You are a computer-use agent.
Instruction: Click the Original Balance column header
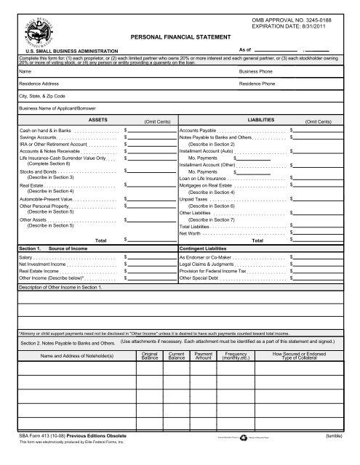(150, 356)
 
